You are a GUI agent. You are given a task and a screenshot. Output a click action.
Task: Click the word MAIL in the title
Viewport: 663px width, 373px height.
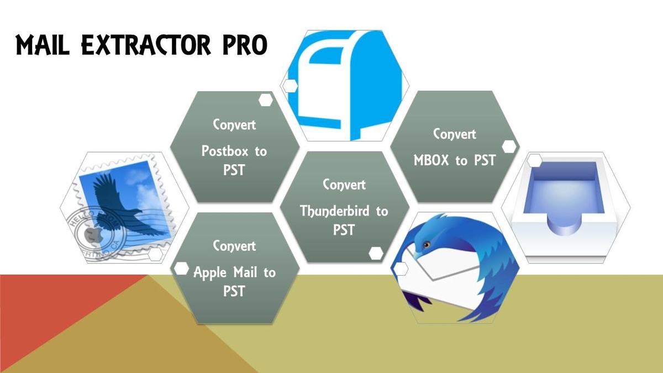pos(43,45)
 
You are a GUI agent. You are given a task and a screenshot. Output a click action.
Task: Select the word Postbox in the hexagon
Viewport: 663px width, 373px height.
pos(225,151)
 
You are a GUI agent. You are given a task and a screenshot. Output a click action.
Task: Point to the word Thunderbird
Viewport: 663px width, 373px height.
pos(335,211)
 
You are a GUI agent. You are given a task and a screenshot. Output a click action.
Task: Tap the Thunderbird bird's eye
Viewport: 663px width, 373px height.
pos(427,245)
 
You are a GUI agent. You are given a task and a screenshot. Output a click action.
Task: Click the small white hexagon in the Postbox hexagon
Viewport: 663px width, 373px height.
pos(266,100)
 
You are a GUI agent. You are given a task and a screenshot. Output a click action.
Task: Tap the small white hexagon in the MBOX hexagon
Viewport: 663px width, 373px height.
pos(509,146)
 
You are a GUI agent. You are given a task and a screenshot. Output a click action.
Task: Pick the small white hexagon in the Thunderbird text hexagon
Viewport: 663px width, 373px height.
pos(376,254)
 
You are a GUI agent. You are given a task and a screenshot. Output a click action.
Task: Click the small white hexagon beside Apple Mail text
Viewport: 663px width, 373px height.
pos(181,269)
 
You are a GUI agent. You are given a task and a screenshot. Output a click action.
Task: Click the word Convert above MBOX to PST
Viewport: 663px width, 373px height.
pos(455,134)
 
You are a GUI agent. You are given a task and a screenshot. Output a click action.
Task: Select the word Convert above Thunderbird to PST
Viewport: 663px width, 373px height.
pos(344,185)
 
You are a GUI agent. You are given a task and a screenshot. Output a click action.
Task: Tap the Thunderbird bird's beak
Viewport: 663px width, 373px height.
pos(417,255)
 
